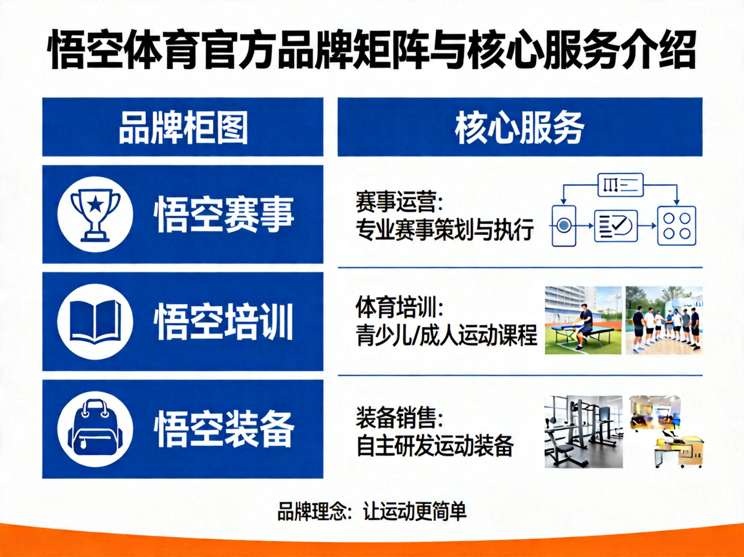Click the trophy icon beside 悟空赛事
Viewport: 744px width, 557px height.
95,214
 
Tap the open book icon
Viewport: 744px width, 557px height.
95,321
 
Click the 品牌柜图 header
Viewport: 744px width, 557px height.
183,127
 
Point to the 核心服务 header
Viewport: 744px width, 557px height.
519,127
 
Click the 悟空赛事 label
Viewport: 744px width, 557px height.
224,214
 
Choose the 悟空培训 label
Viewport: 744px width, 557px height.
224,321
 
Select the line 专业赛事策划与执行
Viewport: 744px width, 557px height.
445,229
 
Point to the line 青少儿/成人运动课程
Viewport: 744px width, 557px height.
446,336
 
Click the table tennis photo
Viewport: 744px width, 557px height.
583,320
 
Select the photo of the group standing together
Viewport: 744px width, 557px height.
664,320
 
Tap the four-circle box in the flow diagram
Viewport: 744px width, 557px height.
676,226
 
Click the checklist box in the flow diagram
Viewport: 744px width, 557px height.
615,226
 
